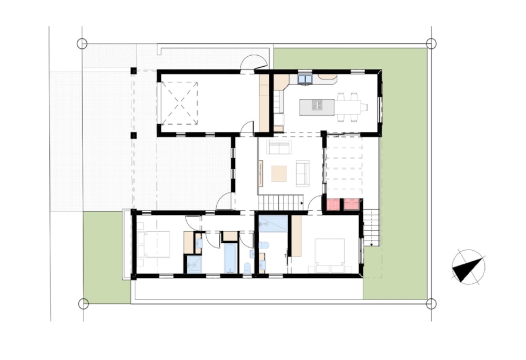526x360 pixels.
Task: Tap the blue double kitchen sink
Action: click(305, 79)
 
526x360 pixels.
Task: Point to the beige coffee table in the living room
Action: click(279, 173)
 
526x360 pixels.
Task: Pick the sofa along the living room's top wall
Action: click(279, 147)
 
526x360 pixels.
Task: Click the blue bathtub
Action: click(230, 258)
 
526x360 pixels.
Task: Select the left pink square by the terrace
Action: click(333, 204)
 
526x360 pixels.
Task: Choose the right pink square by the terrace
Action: click(351, 204)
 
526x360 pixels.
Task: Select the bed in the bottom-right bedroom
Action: click(329, 252)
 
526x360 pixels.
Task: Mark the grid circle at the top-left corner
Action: click(82, 44)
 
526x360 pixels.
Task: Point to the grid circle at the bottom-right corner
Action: click(431, 303)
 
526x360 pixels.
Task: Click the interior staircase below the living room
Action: click(282, 202)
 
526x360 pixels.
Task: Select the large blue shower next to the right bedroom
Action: click(274, 223)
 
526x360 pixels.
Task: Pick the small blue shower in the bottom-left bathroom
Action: click(194, 264)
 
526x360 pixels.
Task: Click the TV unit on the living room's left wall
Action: click(261, 173)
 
